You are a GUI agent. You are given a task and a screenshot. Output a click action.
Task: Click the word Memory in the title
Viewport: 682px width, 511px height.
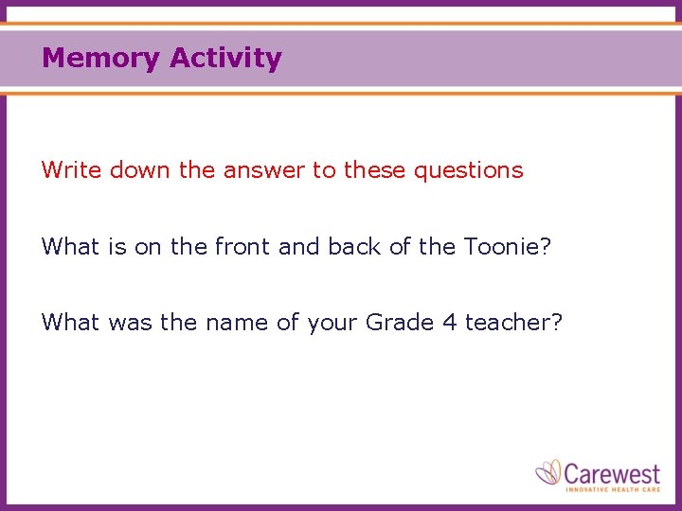[x=101, y=59]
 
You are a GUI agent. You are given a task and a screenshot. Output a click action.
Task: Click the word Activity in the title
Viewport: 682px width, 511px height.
[x=225, y=59]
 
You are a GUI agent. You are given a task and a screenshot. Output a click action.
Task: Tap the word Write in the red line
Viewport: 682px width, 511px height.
[x=72, y=170]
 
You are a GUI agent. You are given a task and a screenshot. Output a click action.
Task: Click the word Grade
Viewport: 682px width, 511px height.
[x=399, y=323]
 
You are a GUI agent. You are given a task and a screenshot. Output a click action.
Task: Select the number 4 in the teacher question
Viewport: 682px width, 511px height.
[x=450, y=323]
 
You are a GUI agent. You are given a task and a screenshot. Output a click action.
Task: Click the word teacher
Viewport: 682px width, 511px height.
[x=506, y=323]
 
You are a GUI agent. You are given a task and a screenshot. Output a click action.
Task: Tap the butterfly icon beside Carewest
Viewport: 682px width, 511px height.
[x=548, y=472]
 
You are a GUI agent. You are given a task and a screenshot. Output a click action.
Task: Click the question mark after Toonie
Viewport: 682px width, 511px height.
[x=547, y=247]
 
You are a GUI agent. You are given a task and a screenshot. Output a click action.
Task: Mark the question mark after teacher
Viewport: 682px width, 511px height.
[x=557, y=323]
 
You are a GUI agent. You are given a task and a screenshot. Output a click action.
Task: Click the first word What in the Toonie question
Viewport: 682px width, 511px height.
[x=70, y=247]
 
